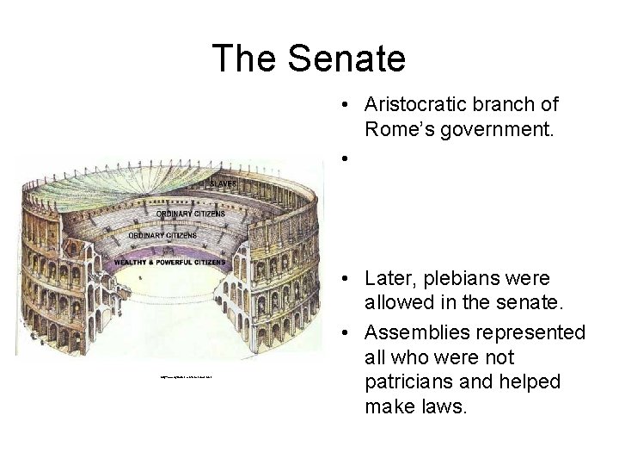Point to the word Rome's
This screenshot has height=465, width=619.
click(x=399, y=129)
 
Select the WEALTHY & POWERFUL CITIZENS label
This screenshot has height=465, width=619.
click(x=176, y=261)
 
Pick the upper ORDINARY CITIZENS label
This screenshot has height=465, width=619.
click(x=191, y=214)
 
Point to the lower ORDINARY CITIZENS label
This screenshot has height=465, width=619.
click(x=163, y=234)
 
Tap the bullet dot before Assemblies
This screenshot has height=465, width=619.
click(x=342, y=332)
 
